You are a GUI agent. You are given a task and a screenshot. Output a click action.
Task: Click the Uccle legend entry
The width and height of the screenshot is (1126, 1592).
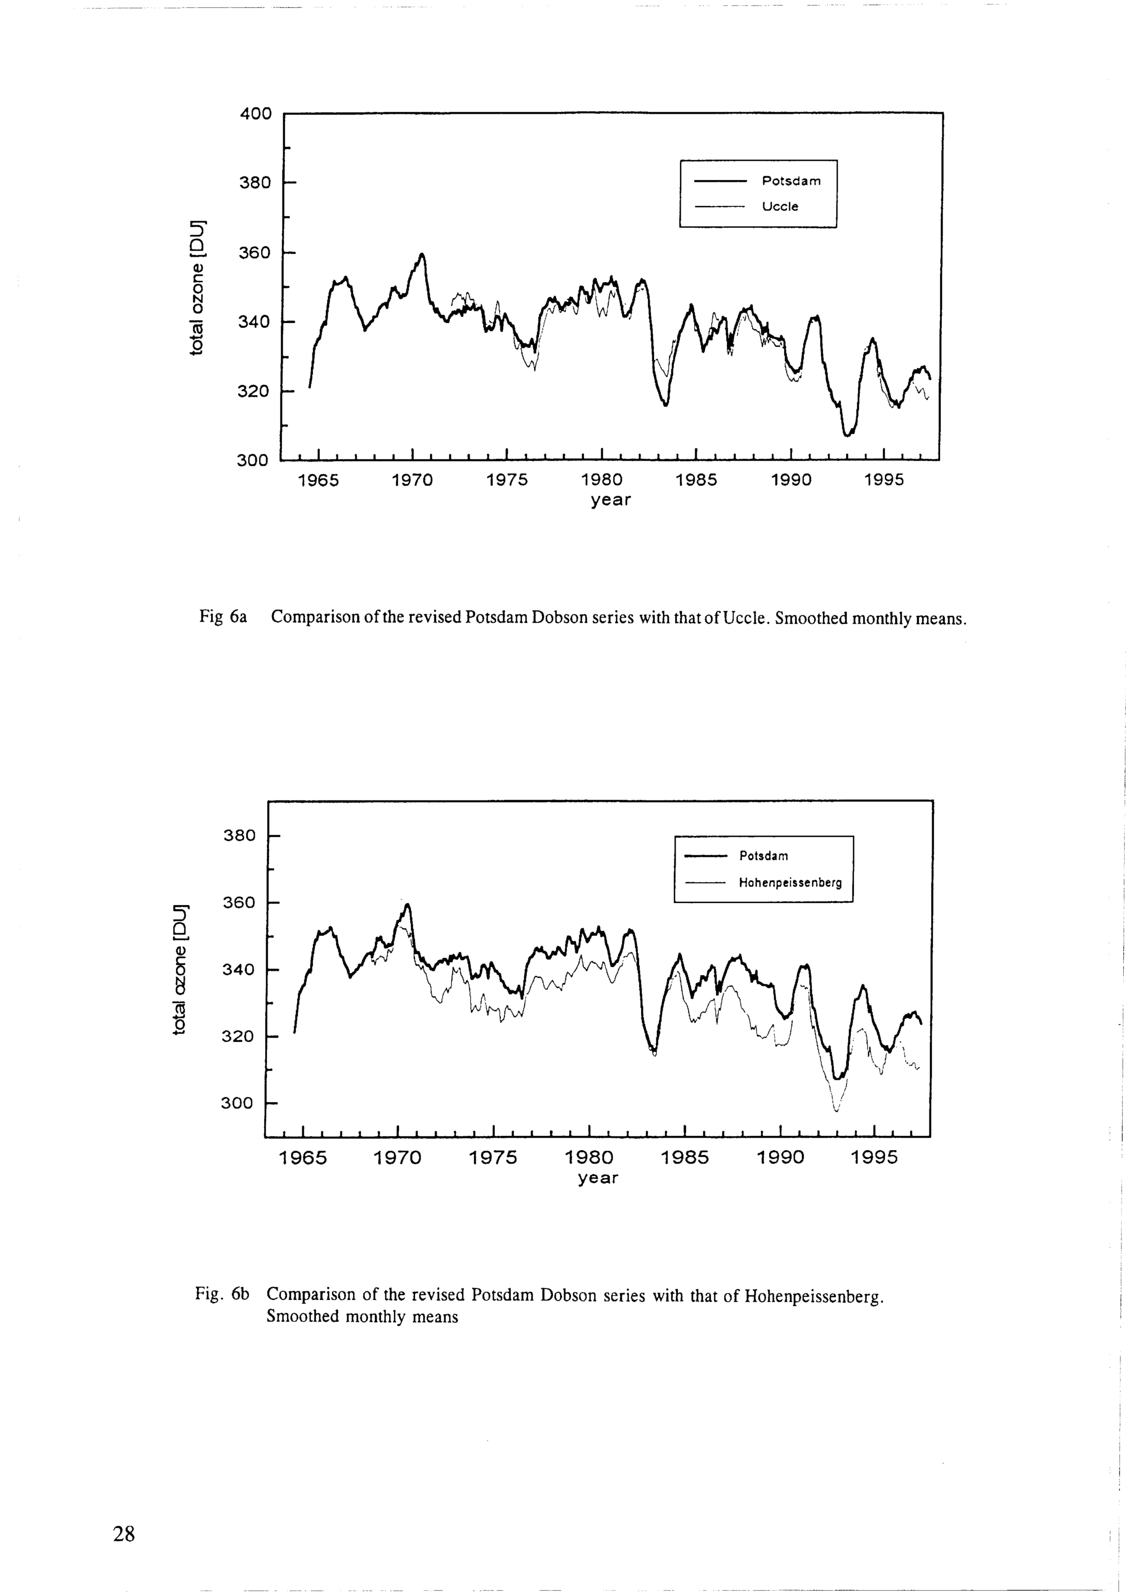(780, 207)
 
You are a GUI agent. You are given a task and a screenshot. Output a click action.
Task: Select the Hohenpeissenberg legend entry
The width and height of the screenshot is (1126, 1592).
(790, 883)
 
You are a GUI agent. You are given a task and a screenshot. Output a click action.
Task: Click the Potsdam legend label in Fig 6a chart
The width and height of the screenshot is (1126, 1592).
(791, 181)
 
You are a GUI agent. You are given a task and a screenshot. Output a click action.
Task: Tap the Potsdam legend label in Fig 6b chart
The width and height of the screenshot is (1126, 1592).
(763, 856)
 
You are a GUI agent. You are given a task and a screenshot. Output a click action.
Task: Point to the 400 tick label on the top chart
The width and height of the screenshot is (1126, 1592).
(256, 113)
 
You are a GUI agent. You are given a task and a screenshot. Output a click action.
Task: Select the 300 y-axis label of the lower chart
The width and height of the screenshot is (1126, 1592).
(237, 1102)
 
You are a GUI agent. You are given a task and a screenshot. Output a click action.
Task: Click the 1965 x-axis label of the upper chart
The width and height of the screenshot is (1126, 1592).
(318, 481)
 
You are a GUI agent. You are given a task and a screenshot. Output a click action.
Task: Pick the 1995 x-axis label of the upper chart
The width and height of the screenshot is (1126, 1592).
(884, 481)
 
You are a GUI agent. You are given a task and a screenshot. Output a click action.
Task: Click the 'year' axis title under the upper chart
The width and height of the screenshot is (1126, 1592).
(611, 500)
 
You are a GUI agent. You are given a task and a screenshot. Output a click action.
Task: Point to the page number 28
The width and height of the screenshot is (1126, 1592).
(124, 1534)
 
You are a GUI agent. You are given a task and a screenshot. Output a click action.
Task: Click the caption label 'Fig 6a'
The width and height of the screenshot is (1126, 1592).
(224, 616)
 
